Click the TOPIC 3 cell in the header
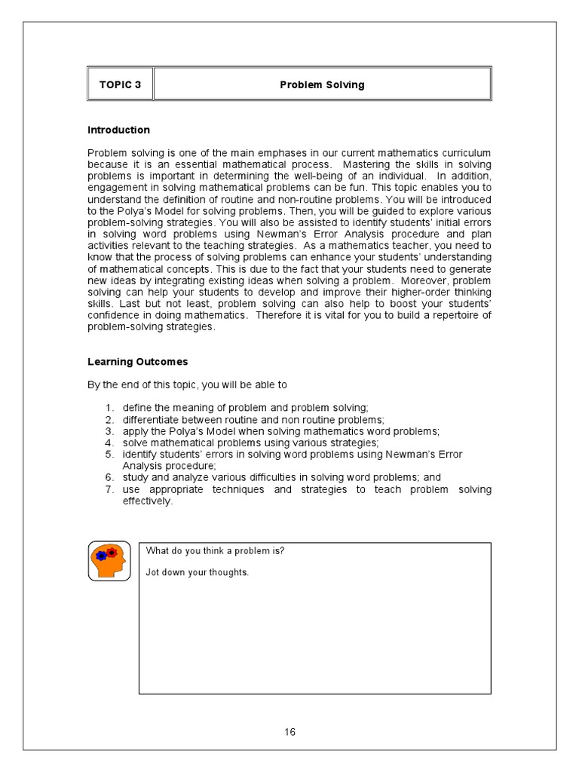pyautogui.click(x=120, y=84)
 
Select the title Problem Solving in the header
pyautogui.click(x=322, y=84)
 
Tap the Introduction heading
pyautogui.click(x=118, y=130)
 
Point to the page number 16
pyautogui.click(x=290, y=732)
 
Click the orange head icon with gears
pyautogui.click(x=109, y=561)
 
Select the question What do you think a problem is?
pyautogui.click(x=215, y=550)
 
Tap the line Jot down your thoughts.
pyautogui.click(x=197, y=572)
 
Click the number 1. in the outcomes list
pyautogui.click(x=109, y=408)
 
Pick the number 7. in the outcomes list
pyautogui.click(x=109, y=489)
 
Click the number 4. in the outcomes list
pyautogui.click(x=109, y=443)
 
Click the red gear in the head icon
pyautogui.click(x=112, y=553)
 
